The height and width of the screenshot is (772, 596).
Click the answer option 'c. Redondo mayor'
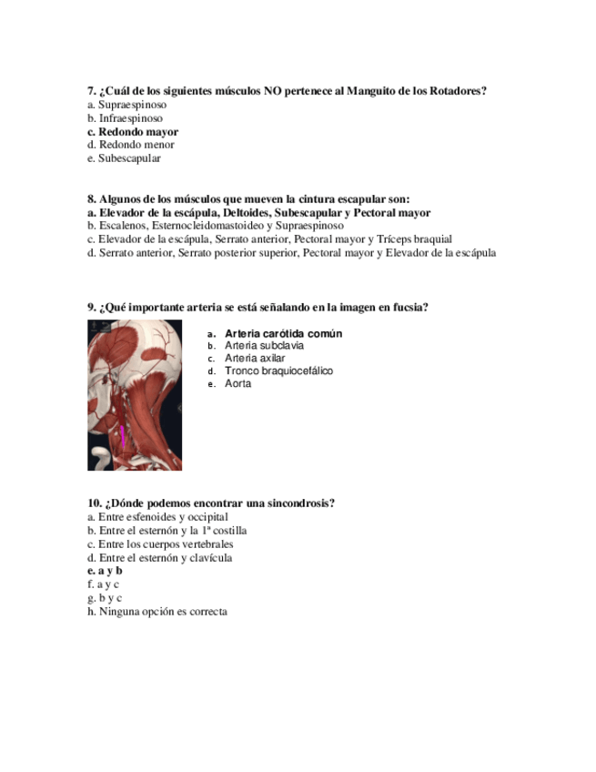click(x=133, y=131)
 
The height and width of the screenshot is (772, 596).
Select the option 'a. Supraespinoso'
click(x=126, y=105)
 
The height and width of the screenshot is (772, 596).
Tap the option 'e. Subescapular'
click(x=124, y=158)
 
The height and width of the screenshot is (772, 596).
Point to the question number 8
click(x=92, y=199)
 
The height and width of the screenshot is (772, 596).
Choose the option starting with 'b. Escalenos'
click(x=216, y=226)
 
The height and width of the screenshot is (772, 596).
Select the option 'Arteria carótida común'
click(x=283, y=333)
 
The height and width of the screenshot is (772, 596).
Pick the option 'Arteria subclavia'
click(x=264, y=346)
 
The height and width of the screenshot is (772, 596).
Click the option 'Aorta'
click(x=238, y=384)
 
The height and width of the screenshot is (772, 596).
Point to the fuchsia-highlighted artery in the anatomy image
click(x=123, y=436)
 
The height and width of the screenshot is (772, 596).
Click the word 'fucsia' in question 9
click(x=409, y=308)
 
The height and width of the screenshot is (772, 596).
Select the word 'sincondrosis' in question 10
click(x=298, y=503)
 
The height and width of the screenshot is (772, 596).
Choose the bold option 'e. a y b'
click(x=105, y=571)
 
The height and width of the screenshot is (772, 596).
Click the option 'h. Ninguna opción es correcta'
click(x=157, y=612)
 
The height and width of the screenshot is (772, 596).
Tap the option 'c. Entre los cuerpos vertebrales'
click(x=160, y=543)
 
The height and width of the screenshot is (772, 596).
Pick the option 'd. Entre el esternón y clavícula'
click(x=159, y=557)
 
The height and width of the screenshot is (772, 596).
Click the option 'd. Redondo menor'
click(x=131, y=145)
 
